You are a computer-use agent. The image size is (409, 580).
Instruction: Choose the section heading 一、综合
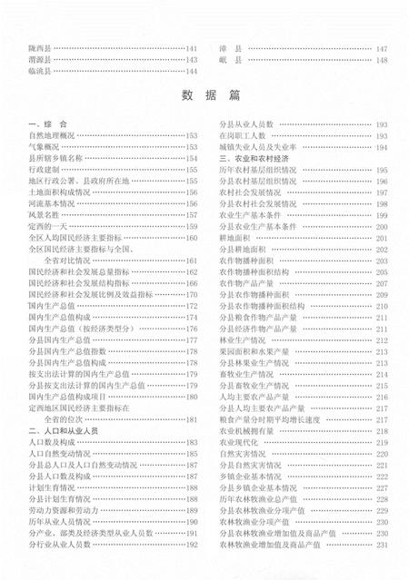(x=45, y=123)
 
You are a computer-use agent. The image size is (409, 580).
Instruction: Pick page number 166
(x=192, y=283)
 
